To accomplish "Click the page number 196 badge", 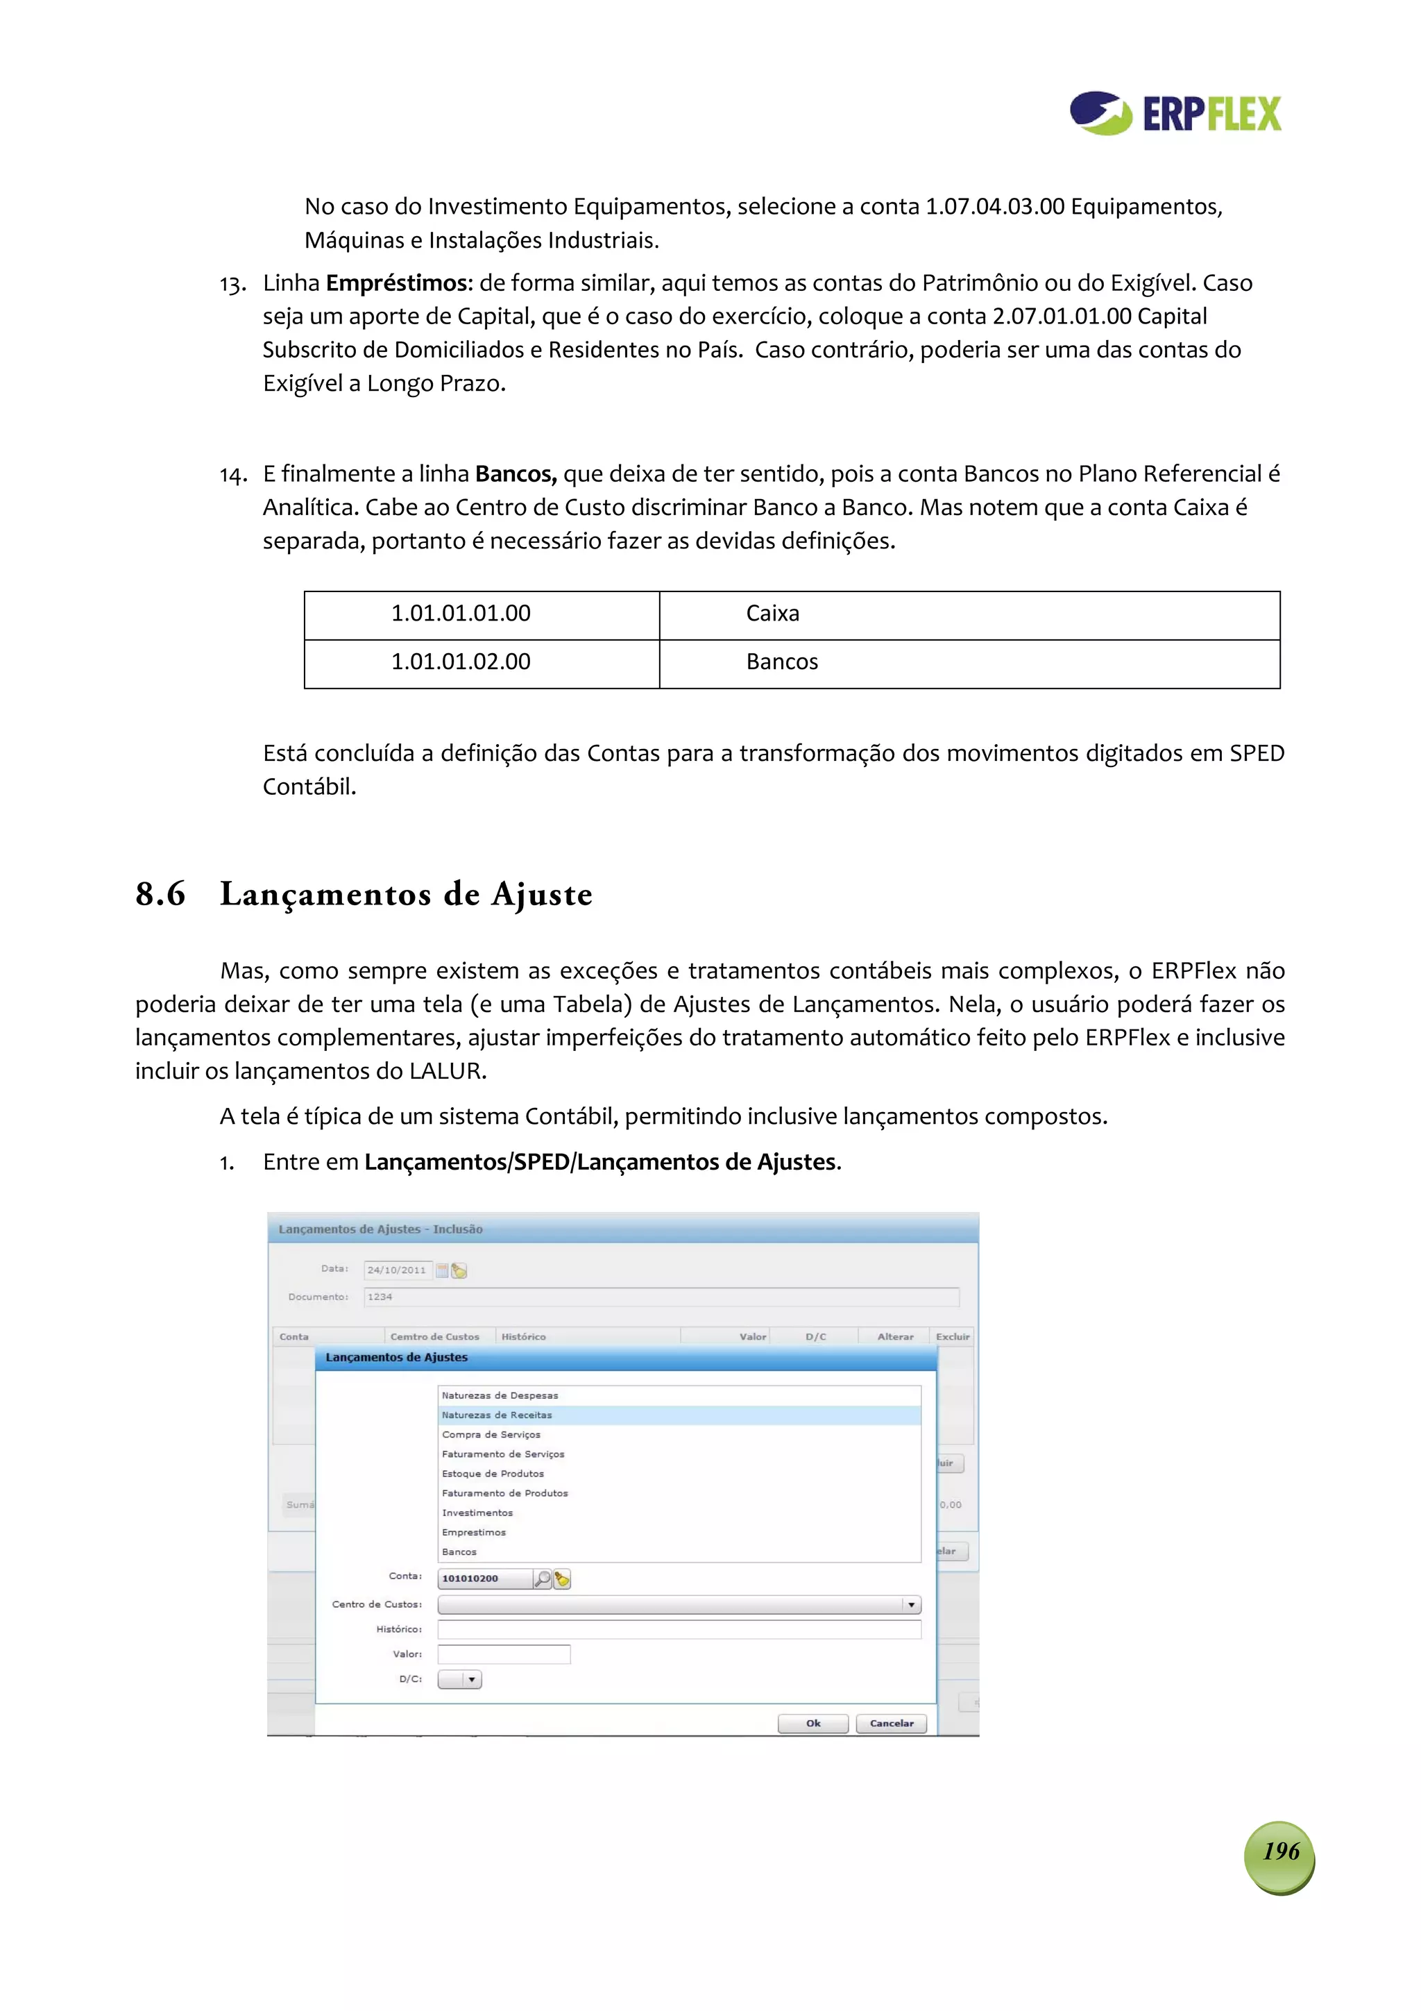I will (x=1279, y=1858).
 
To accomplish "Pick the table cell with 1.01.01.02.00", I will (x=461, y=662).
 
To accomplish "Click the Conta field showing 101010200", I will (x=484, y=1579).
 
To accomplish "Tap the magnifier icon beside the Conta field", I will (x=543, y=1579).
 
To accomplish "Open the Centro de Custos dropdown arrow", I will (x=912, y=1605).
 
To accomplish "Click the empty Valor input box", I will (x=504, y=1654).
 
